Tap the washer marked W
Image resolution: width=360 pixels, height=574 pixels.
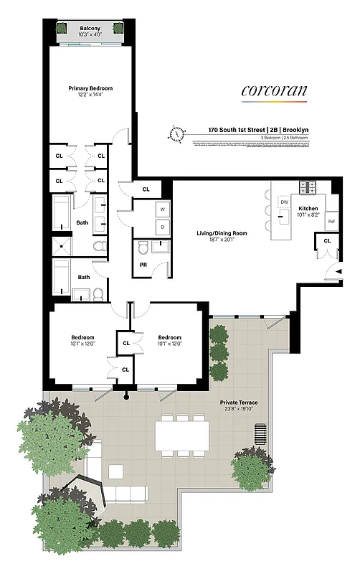point(161,210)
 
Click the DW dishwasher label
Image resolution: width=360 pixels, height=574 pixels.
point(284,203)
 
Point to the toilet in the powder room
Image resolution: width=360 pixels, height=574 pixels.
point(143,248)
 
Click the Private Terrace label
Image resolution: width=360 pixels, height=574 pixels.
point(239,403)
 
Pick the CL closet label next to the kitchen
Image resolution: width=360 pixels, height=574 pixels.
point(327,240)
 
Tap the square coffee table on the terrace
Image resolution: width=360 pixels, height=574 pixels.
point(115,471)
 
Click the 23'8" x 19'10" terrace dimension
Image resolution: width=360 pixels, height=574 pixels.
point(239,410)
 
